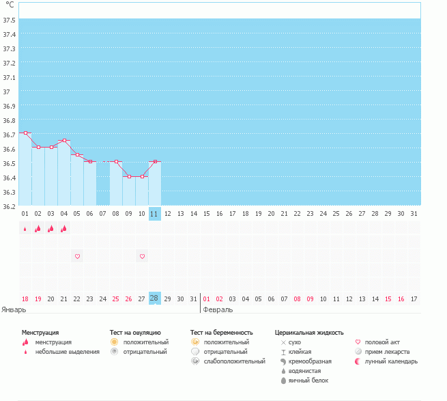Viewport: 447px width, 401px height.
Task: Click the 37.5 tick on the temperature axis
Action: point(10,20)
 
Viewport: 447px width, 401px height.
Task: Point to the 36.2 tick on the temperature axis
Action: point(10,206)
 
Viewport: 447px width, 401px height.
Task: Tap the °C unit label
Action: point(10,5)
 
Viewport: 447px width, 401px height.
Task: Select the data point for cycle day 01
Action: point(25,133)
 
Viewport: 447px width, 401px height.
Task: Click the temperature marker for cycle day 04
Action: point(64,141)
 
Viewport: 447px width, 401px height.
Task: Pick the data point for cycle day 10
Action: point(142,176)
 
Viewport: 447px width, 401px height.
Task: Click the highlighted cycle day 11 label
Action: point(154,214)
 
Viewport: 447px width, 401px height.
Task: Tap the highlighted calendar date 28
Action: point(154,299)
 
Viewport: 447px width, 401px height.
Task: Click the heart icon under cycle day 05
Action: point(77,256)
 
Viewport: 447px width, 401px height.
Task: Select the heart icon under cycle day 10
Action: point(142,256)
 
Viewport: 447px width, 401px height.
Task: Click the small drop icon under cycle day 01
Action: point(25,230)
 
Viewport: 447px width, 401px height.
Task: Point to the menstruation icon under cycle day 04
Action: point(64,229)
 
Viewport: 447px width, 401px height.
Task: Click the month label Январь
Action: point(14,309)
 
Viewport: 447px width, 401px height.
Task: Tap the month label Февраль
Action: point(218,309)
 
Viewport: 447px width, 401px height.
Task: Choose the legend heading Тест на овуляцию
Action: point(135,332)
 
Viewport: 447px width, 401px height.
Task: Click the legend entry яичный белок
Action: point(311,380)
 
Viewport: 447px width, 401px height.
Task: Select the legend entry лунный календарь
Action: point(391,361)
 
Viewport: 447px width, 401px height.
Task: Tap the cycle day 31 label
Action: point(414,214)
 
